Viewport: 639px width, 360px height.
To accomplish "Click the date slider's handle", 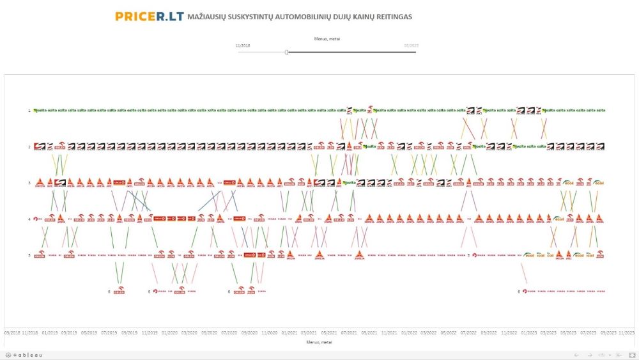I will [x=286, y=52].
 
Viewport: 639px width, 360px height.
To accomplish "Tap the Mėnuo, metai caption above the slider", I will [x=327, y=39].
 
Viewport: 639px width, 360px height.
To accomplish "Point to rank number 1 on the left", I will [x=29, y=111].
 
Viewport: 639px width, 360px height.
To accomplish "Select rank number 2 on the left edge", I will [x=29, y=146].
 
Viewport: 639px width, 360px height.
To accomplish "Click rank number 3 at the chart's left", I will [x=29, y=183].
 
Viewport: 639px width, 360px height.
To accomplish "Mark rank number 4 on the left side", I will [x=29, y=219].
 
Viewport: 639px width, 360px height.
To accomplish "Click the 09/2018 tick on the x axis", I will [x=12, y=333].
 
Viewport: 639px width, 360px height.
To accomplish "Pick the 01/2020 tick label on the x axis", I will [x=169, y=333].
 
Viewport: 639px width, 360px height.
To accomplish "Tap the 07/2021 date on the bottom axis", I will [x=349, y=333].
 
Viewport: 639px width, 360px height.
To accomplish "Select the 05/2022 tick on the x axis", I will [x=449, y=333].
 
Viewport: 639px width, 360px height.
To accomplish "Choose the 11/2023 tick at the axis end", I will [x=626, y=333].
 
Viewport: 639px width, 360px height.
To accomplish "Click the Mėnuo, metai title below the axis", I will [x=319, y=342].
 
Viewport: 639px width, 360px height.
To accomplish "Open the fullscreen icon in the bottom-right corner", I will [x=631, y=355].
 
